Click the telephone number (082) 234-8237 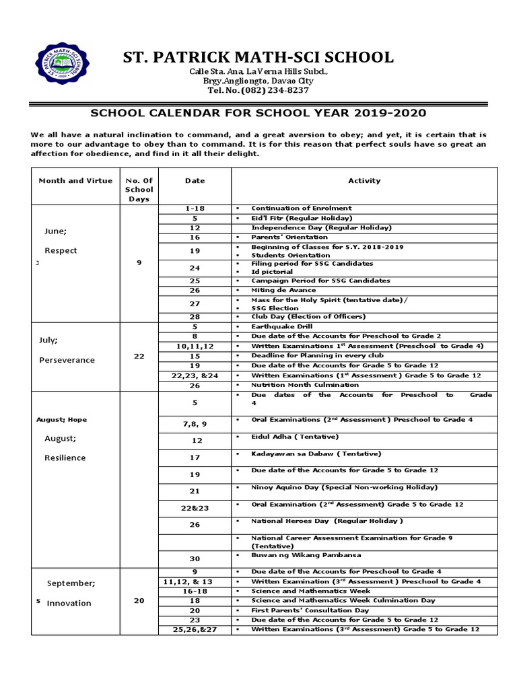(258, 90)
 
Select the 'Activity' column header (364, 180)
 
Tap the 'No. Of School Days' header (139, 189)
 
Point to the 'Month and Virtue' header (75, 180)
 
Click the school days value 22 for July (139, 356)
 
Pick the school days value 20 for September (139, 600)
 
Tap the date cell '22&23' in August (195, 508)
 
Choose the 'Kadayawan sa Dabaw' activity (316, 454)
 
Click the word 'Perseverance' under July (67, 359)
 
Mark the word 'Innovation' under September (69, 603)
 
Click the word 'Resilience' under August (65, 458)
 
